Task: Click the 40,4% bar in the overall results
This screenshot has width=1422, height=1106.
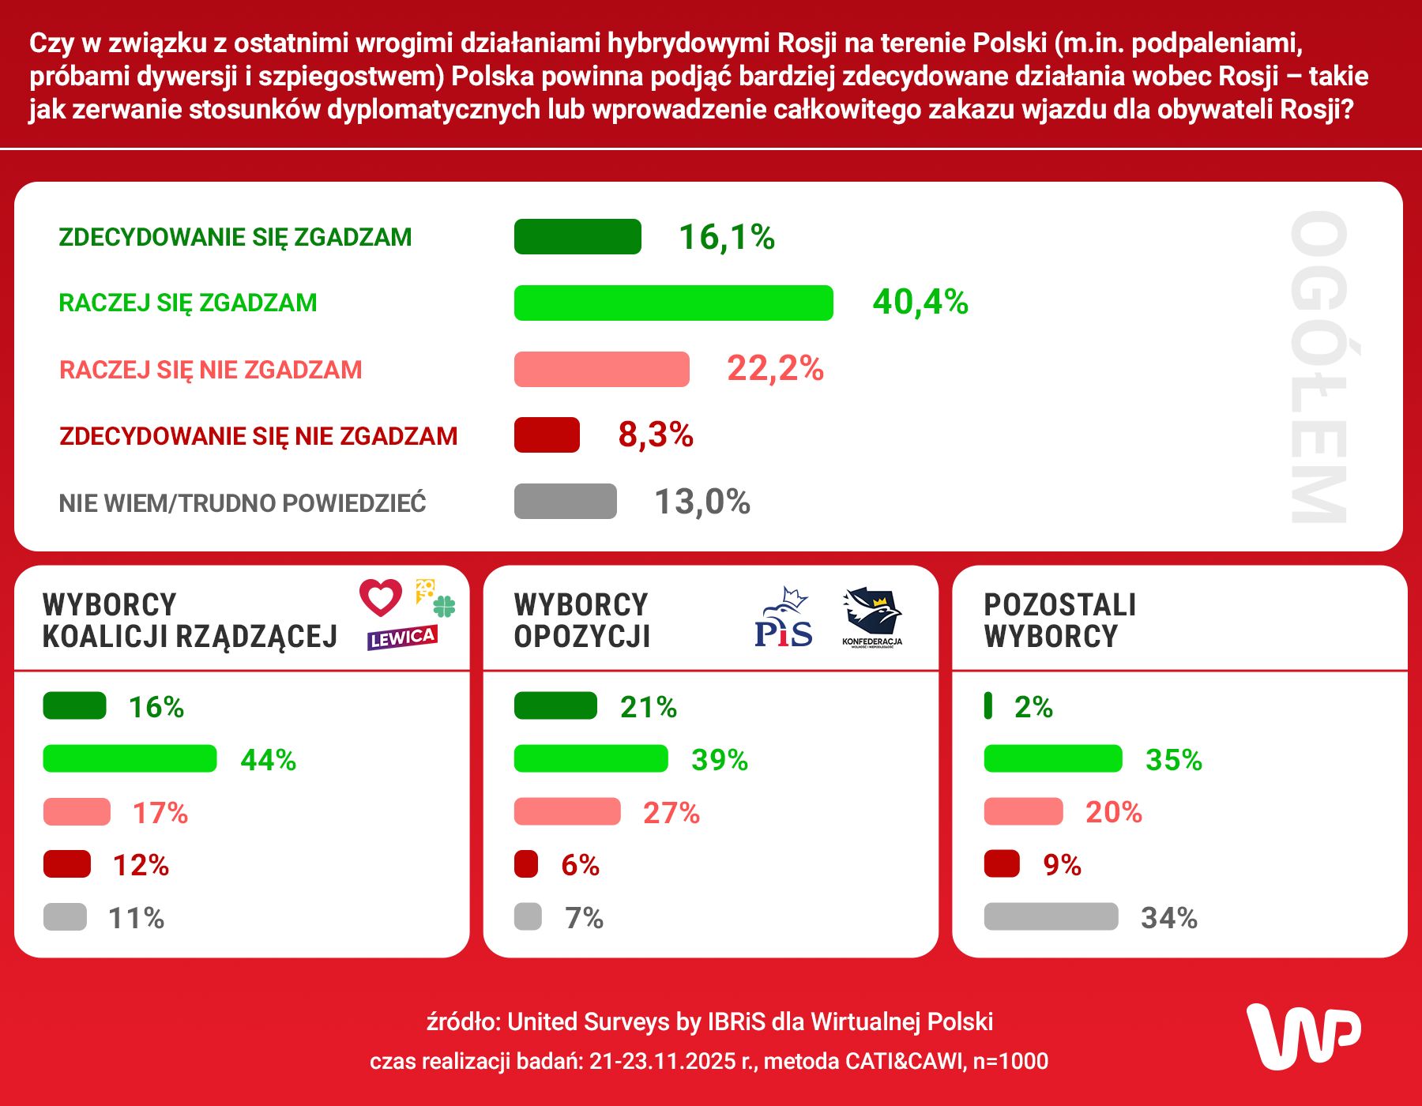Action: coord(673,303)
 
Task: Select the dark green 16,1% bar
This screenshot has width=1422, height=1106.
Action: coord(577,237)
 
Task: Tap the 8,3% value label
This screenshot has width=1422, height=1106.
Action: coord(656,434)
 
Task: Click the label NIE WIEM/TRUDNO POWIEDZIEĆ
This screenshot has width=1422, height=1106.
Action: coord(243,503)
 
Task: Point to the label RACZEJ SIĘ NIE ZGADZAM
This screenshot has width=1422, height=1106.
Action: coord(211,370)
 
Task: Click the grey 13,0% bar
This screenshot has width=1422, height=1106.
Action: coord(565,501)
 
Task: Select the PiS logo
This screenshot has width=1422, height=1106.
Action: coord(783,619)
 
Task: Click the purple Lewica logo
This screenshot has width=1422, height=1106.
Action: coord(402,638)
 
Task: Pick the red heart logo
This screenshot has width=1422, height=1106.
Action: coord(381,597)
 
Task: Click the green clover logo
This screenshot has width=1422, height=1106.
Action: coord(445,607)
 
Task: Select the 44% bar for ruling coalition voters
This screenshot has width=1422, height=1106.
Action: coord(130,758)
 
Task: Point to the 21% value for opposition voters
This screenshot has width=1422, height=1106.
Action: coord(649,707)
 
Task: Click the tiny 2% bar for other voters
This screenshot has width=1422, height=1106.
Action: coord(987,705)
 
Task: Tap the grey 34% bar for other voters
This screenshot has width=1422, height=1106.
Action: coord(1051,916)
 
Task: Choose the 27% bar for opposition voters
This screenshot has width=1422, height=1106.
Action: coord(567,811)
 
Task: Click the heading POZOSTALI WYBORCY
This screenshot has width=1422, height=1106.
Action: coord(1059,620)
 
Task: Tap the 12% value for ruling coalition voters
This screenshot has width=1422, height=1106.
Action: coord(141,865)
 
